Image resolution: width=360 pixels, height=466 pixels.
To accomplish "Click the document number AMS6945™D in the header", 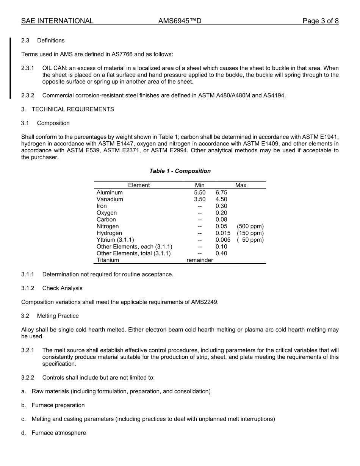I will coord(180,21).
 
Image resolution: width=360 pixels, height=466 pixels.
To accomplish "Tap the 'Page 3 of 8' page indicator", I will coord(320,21).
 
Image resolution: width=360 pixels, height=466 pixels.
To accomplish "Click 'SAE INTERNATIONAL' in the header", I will coord(57,21).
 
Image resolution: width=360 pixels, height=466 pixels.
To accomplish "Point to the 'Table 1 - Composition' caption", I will coord(180,171).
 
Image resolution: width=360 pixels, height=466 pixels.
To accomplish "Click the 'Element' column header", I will coord(139,185).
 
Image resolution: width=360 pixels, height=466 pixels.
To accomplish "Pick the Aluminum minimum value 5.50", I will coord(199,192).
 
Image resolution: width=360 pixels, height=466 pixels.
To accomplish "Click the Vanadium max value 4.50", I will coord(221,199).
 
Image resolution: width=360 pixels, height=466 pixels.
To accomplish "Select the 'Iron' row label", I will coord(102,206).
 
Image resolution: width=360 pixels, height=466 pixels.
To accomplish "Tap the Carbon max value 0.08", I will coord(221,219).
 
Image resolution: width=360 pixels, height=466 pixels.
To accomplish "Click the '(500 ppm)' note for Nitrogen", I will coord(250,226).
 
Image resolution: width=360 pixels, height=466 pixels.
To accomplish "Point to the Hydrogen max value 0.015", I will coord(223,233).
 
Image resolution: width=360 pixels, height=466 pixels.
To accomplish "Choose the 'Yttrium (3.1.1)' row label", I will coord(115,240).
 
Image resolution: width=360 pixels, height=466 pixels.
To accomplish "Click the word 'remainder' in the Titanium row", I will coord(200,260).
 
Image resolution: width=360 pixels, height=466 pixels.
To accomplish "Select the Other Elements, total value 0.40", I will coord(221,253).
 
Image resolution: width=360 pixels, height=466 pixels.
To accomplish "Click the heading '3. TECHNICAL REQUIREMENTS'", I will coord(67,109).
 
